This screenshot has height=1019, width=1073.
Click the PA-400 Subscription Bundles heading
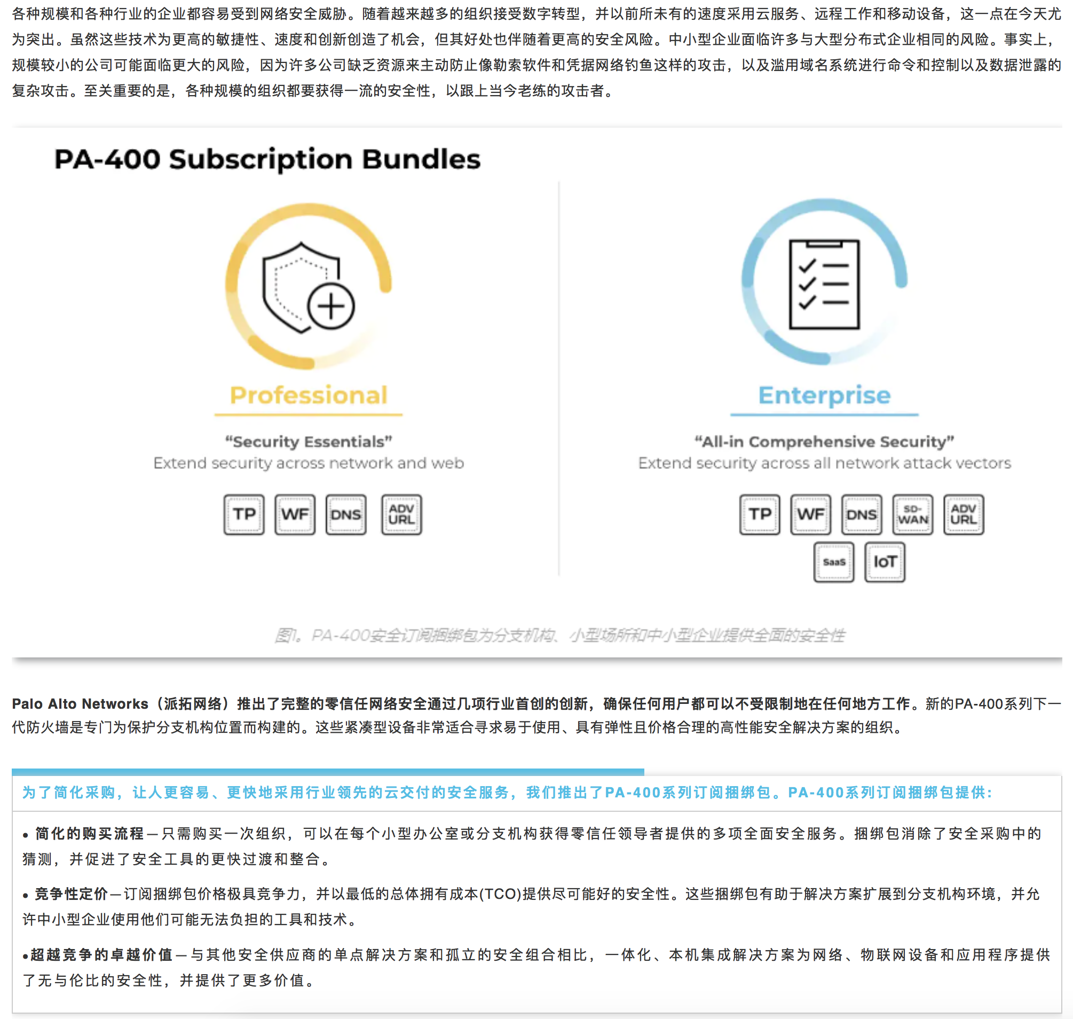click(x=267, y=160)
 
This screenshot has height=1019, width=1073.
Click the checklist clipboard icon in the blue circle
click(x=824, y=284)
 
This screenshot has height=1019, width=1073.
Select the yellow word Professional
click(x=309, y=395)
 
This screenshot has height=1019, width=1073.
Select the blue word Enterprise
click(x=824, y=395)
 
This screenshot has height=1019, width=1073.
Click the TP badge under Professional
click(x=244, y=514)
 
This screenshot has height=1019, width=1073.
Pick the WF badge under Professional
click(x=295, y=514)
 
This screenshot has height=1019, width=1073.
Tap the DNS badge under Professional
click(x=346, y=514)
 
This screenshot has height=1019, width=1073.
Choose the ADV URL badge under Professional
click(x=401, y=514)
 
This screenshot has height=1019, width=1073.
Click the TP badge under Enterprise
click(x=760, y=514)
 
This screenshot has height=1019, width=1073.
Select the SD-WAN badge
click(x=913, y=514)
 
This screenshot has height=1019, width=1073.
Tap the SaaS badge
click(x=833, y=562)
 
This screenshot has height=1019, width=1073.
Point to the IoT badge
click(x=885, y=562)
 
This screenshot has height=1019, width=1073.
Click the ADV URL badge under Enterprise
click(x=964, y=514)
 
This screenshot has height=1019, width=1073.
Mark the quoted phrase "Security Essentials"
click(x=309, y=442)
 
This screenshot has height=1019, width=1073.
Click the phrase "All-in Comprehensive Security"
click(x=824, y=442)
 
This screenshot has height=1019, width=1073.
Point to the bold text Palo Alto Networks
click(x=80, y=704)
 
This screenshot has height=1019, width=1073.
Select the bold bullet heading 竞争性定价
click(x=72, y=894)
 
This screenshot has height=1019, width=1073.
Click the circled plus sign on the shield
click(x=330, y=306)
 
